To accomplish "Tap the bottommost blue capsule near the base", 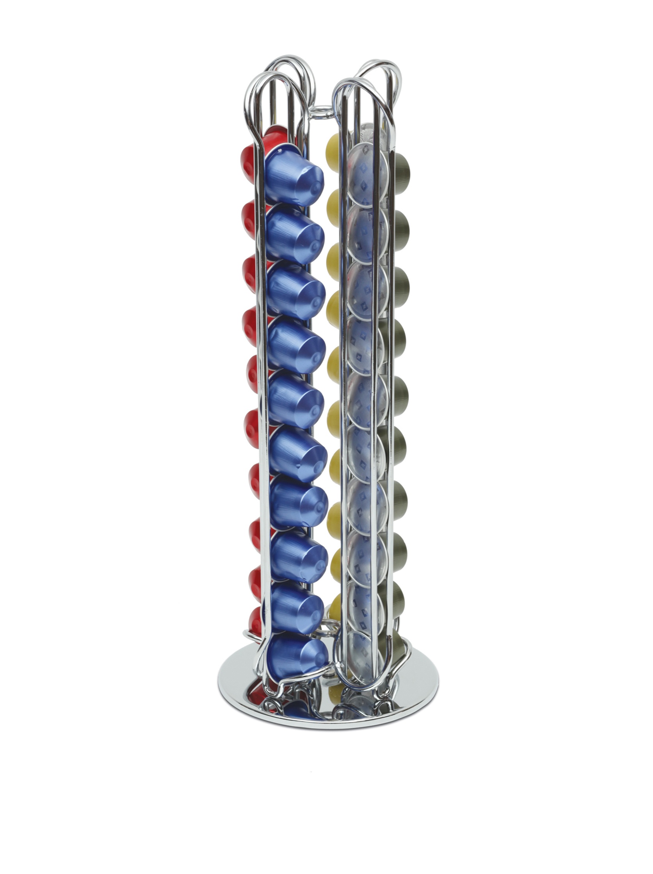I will (297, 657).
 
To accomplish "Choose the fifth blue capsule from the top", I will (297, 398).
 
